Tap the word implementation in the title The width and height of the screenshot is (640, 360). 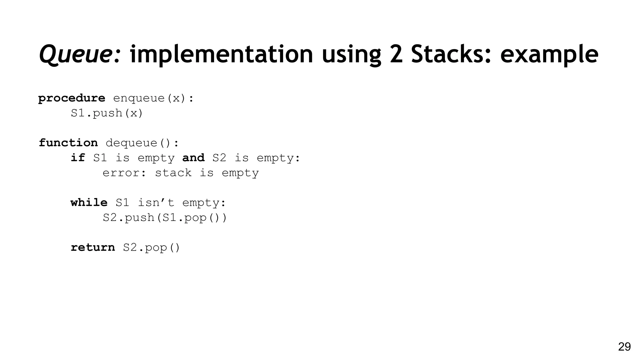[221, 54]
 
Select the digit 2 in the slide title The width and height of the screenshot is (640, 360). [396, 54]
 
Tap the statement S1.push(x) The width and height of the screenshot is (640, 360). [107, 113]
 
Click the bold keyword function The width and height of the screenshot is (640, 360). [68, 143]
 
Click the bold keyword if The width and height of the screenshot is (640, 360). [77, 158]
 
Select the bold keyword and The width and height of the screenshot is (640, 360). [193, 158]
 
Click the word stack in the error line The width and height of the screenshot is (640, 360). [173, 173]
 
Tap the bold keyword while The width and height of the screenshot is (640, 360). [89, 203]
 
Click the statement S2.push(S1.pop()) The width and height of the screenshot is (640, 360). [165, 217]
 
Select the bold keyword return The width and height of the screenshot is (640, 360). [93, 247]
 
